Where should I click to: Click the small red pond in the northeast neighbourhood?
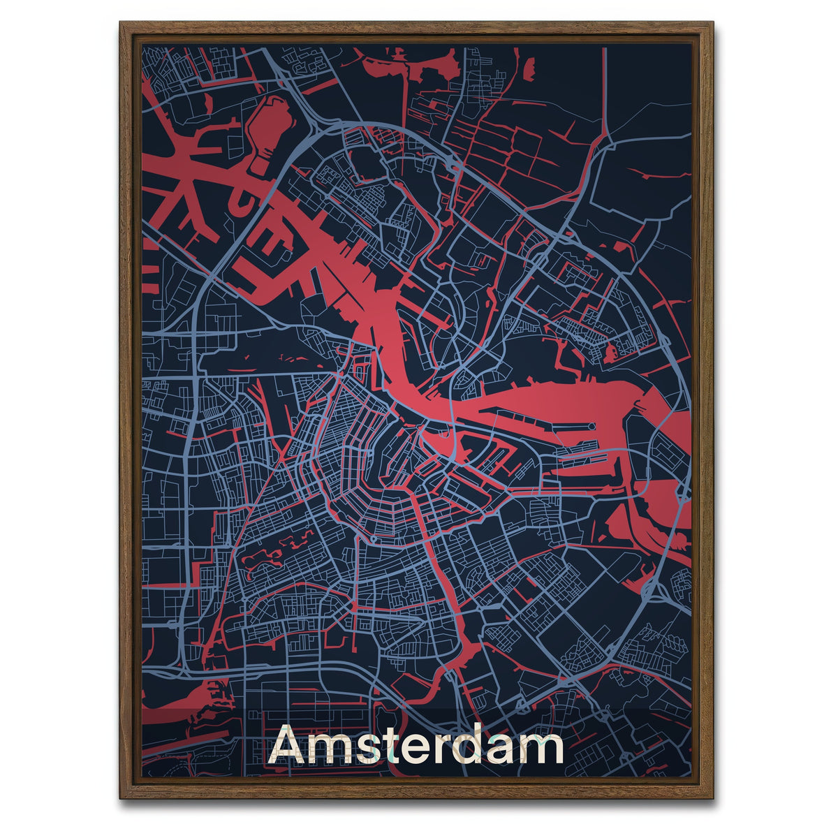tap(611, 353)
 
